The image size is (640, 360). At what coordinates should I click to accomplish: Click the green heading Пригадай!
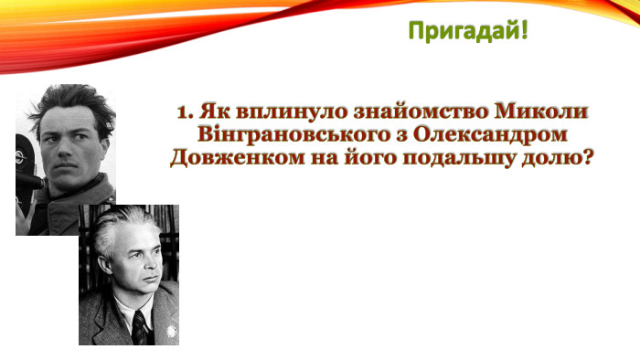click(x=467, y=32)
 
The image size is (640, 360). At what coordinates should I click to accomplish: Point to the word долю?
click(x=556, y=158)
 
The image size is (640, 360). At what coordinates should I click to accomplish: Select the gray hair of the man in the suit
click(x=128, y=228)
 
